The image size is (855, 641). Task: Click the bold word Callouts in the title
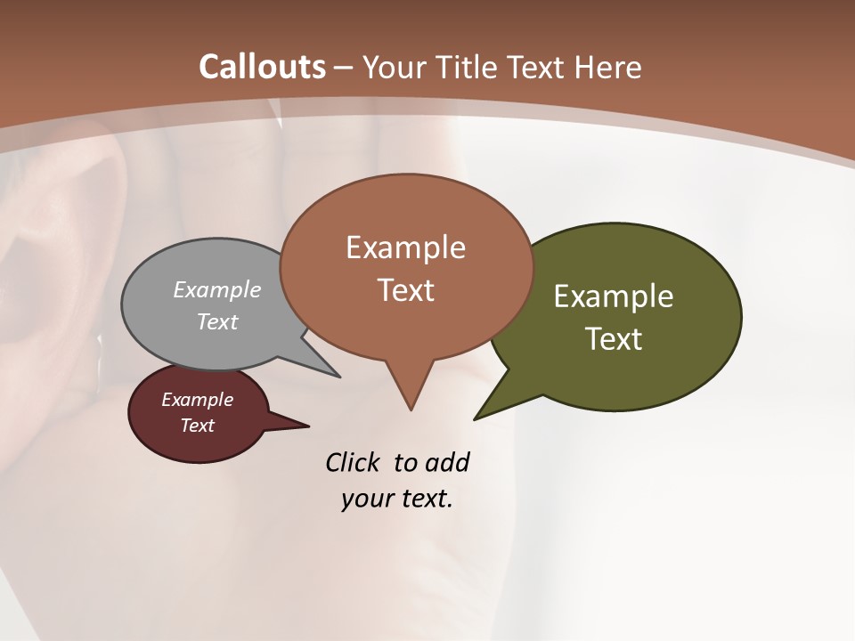click(262, 67)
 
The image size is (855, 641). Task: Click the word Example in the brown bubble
click(405, 247)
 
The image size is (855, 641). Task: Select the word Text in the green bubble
click(614, 339)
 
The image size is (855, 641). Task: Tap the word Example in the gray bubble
click(217, 289)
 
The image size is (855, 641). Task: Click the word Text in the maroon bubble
click(198, 426)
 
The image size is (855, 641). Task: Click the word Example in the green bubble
click(614, 296)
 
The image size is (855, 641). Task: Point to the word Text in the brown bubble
click(405, 290)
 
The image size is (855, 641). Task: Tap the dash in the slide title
click(344, 68)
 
